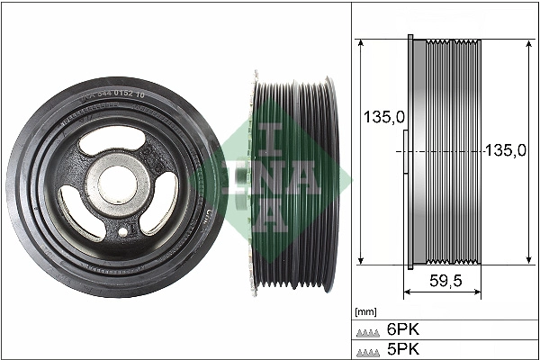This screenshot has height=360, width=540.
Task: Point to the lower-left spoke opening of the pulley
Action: (78, 202)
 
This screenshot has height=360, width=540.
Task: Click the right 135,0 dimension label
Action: (505, 150)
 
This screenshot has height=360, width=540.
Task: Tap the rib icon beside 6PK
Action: (367, 331)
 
